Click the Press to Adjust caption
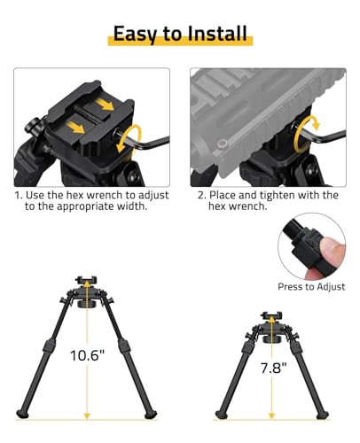[x=311, y=286]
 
